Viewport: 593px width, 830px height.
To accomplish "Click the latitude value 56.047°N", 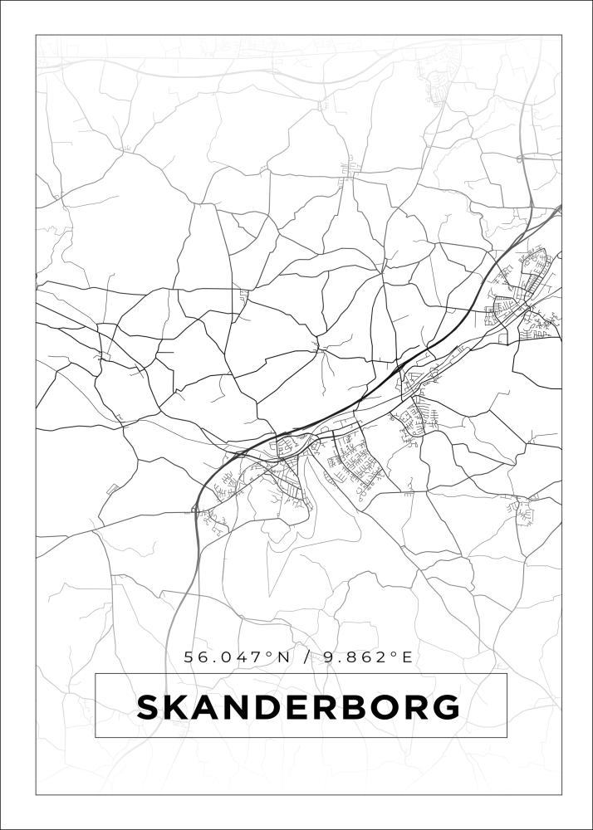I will (x=238, y=657).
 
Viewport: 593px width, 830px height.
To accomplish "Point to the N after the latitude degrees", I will (x=283, y=657).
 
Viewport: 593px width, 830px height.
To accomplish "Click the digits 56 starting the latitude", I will (x=196, y=657).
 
